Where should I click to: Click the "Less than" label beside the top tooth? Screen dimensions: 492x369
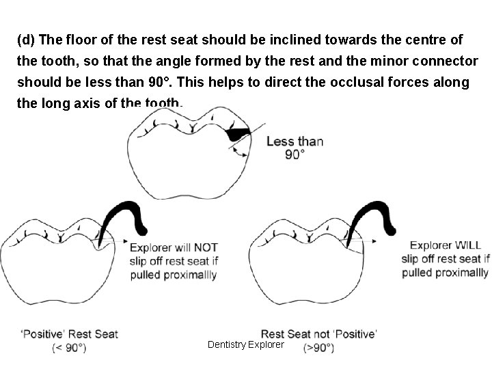point(295,141)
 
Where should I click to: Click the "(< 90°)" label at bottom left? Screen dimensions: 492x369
point(69,347)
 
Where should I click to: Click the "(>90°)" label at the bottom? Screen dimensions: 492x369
point(318,348)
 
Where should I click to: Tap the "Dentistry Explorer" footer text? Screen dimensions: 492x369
point(245,345)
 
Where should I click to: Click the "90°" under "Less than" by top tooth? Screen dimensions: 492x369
point(295,154)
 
